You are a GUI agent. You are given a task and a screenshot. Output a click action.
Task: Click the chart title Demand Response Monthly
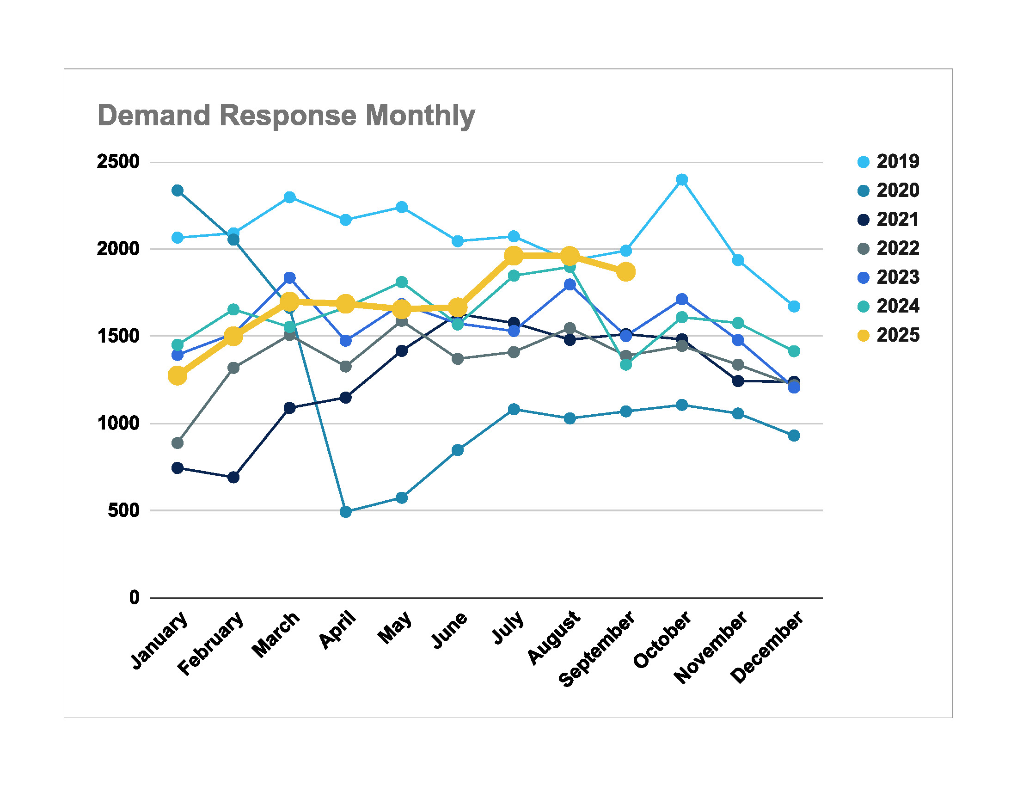click(286, 116)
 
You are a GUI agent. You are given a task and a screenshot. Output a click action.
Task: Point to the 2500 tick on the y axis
click(118, 162)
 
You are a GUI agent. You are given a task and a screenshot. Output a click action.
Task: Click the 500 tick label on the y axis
click(123, 510)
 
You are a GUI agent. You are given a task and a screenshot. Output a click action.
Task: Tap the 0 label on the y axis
click(134, 597)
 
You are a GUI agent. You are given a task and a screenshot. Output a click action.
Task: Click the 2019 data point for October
click(682, 180)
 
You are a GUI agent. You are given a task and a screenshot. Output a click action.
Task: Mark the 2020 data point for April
click(345, 512)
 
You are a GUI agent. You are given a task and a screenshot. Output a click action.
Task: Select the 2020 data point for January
click(178, 190)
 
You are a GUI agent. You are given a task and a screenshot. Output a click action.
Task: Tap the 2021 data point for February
click(233, 477)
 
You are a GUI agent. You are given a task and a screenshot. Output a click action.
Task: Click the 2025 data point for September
click(626, 271)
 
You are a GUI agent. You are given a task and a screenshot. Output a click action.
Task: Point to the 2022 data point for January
click(178, 443)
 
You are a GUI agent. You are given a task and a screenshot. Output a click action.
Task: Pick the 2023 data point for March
click(290, 278)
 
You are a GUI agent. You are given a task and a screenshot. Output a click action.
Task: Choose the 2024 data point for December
click(794, 351)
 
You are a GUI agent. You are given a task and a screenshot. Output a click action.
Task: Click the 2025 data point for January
click(178, 375)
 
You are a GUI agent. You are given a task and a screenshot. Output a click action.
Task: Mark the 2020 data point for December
click(794, 436)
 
